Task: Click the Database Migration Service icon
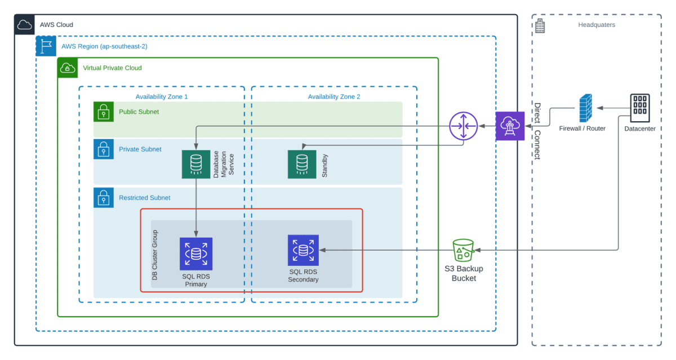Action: pyautogui.click(x=196, y=164)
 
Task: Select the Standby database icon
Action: pyautogui.click(x=302, y=164)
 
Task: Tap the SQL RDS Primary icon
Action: pyautogui.click(x=196, y=254)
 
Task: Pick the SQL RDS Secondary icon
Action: pyautogui.click(x=303, y=250)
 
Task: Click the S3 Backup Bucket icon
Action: pyautogui.click(x=464, y=250)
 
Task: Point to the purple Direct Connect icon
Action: pyautogui.click(x=510, y=126)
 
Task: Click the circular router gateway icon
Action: pyautogui.click(x=463, y=126)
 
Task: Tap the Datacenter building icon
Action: pyautogui.click(x=639, y=108)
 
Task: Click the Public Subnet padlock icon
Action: pyautogui.click(x=104, y=112)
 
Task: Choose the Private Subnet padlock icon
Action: pyautogui.click(x=104, y=149)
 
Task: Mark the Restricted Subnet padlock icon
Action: pyautogui.click(x=104, y=198)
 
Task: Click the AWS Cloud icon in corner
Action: pyautogui.click(x=25, y=25)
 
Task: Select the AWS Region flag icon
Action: pyautogui.click(x=46, y=46)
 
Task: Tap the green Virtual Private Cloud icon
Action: pyautogui.click(x=68, y=68)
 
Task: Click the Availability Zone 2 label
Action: pyautogui.click(x=333, y=97)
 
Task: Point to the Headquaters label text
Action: pyautogui.click(x=597, y=25)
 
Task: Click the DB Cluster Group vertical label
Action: pyautogui.click(x=155, y=255)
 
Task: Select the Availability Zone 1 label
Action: pyautogui.click(x=162, y=97)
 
